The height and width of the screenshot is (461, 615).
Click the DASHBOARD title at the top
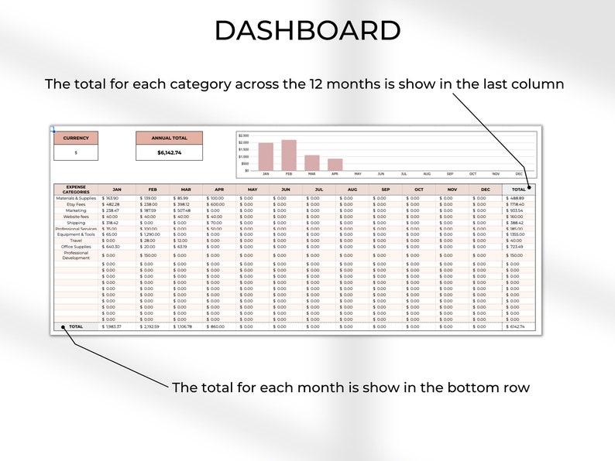tap(307, 31)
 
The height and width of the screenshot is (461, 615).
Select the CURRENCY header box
tap(76, 138)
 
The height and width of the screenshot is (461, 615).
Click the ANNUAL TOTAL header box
tap(169, 138)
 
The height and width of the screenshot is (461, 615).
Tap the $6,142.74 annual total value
tap(169, 152)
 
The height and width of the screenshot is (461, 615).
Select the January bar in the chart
tap(266, 156)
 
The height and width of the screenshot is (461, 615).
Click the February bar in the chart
tap(289, 155)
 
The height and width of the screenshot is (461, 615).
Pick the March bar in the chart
tap(312, 162)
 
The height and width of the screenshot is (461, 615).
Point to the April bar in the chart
tap(335, 165)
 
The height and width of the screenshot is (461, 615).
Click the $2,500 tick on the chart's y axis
tap(243, 135)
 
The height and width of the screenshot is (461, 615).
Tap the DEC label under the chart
tap(519, 175)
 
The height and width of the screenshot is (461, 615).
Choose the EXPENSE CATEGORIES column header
tap(76, 190)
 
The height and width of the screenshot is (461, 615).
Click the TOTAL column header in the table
tap(520, 190)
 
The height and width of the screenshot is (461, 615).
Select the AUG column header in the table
tap(352, 190)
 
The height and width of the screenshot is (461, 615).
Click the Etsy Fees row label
tap(76, 204)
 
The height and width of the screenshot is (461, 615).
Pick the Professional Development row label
tap(76, 255)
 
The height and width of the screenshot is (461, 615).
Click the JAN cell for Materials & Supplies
tap(116, 198)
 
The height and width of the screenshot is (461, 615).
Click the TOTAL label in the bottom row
tap(76, 326)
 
